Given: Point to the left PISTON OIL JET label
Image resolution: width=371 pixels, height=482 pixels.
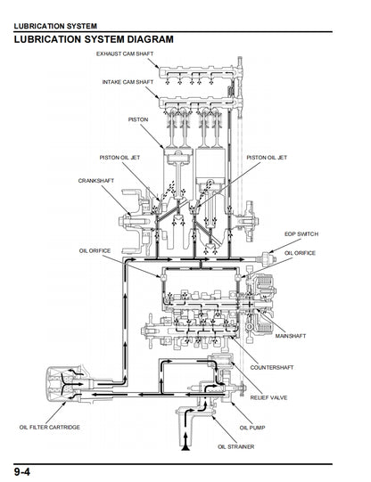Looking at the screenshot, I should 120,158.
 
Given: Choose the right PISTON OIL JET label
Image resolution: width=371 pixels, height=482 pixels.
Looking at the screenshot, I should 267,158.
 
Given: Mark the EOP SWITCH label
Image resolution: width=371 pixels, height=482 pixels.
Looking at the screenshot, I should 301,233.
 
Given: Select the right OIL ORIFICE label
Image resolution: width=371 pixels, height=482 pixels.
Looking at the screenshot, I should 300,254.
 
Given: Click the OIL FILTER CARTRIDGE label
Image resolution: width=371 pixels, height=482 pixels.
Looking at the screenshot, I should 50,428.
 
